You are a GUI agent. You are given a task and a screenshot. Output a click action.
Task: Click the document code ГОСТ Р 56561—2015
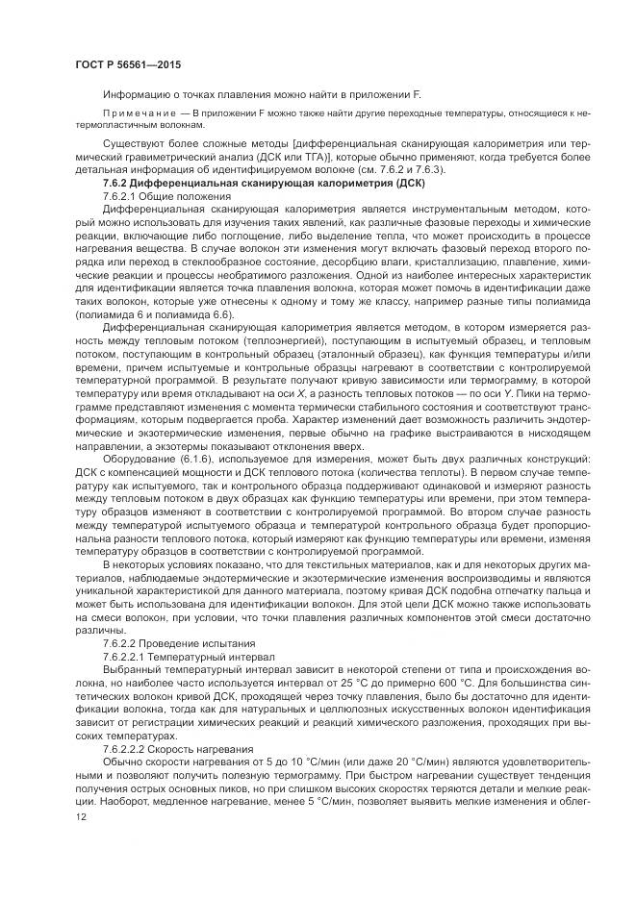tap(128, 64)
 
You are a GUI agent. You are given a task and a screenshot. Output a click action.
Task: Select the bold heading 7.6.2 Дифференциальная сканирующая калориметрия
tap(263, 183)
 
